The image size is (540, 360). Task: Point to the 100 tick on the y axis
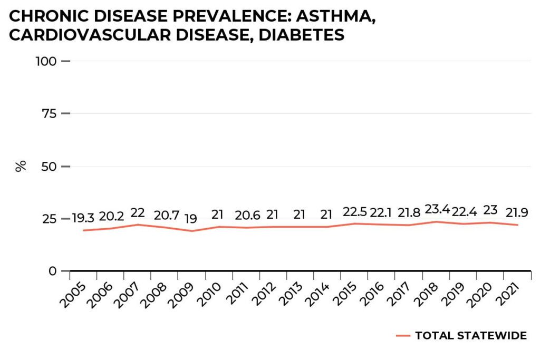pyautogui.click(x=46, y=61)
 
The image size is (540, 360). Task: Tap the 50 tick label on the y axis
pyautogui.click(x=50, y=167)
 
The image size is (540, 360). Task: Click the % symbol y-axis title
pyautogui.click(x=21, y=167)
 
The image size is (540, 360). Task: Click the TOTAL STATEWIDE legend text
pyautogui.click(x=471, y=336)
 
